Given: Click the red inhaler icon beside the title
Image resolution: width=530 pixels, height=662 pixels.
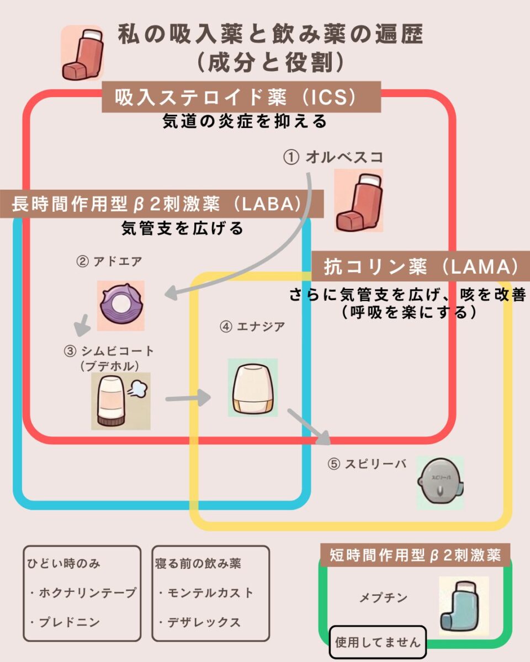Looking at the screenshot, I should [x=82, y=52].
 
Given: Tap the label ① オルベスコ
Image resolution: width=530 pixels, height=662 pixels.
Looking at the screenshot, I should [x=333, y=157].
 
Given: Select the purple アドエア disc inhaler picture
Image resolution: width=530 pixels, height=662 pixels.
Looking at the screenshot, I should [x=121, y=306].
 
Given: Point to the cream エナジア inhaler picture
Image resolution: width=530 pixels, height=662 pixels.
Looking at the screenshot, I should [x=252, y=387].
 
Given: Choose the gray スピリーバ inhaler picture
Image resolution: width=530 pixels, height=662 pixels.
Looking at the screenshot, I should [x=440, y=482].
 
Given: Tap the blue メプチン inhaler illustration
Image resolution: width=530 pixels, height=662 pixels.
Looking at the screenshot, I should [x=464, y=606].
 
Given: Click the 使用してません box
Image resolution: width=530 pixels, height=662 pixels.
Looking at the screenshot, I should [x=378, y=642].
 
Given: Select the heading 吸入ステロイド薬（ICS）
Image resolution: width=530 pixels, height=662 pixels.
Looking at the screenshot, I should [x=241, y=98].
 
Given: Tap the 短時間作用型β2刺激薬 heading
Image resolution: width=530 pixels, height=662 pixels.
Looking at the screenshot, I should [x=415, y=556].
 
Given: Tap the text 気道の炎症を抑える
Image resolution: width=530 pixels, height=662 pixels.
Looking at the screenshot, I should [x=245, y=121].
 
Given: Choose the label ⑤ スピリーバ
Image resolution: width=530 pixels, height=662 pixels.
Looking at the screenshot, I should [x=367, y=465].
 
